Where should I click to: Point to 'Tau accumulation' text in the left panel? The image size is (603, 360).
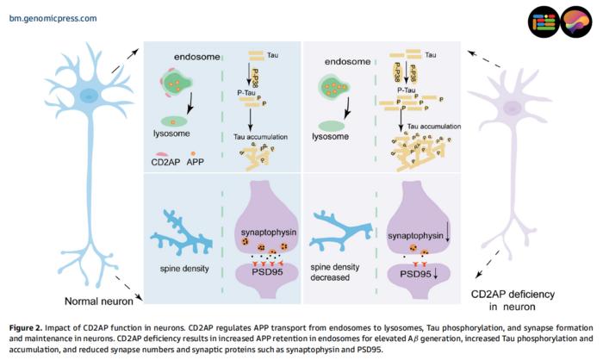pos(260,136)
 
